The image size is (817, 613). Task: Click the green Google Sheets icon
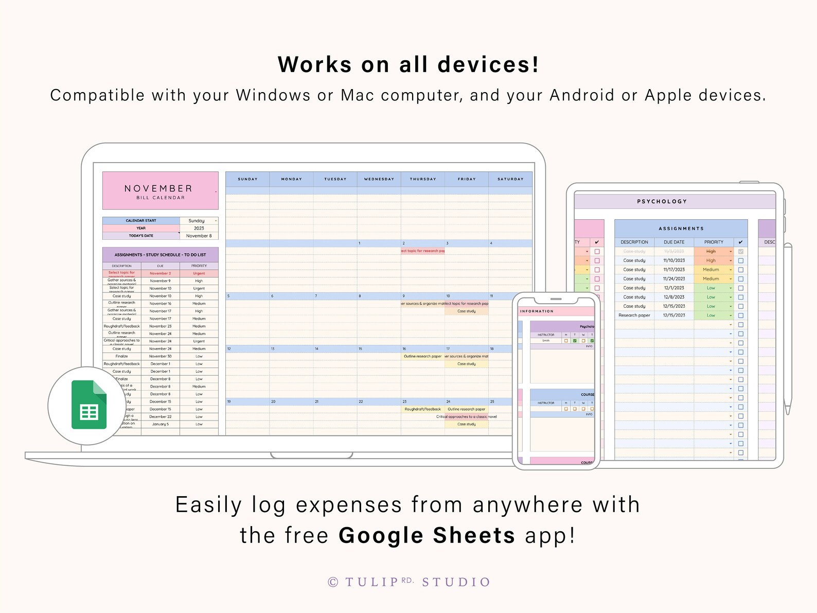click(x=88, y=405)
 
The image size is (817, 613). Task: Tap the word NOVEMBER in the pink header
click(x=158, y=188)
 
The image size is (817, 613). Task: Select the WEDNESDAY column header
click(x=379, y=179)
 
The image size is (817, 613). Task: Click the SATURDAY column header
click(x=510, y=179)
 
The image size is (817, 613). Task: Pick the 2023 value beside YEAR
click(x=199, y=228)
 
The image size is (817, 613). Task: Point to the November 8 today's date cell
click(x=199, y=236)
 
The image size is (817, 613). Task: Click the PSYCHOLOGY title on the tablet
click(x=662, y=201)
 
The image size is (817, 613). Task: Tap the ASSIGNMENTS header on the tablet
click(x=681, y=229)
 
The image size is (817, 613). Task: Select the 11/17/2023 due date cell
click(x=673, y=270)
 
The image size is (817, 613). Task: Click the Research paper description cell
click(x=634, y=316)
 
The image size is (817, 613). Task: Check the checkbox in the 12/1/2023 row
click(x=740, y=288)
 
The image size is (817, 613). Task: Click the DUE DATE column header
click(x=673, y=242)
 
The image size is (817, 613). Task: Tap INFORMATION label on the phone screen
click(x=537, y=311)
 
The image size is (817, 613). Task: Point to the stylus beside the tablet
click(x=787, y=329)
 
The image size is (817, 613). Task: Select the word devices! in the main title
click(x=488, y=64)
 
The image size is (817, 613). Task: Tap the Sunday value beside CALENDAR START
click(x=197, y=221)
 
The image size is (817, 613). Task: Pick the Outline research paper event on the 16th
click(x=422, y=356)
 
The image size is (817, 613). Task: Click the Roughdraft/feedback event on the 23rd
click(x=422, y=409)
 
